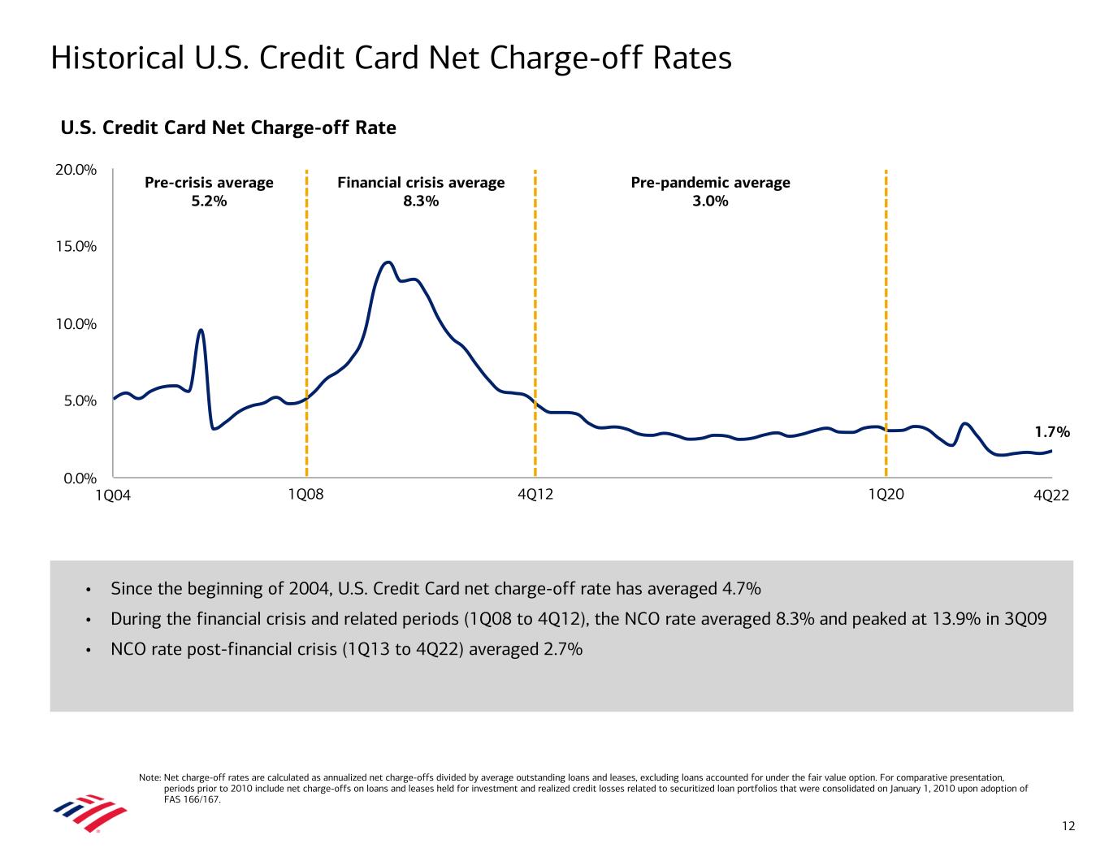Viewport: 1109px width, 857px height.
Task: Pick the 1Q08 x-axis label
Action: pyautogui.click(x=305, y=495)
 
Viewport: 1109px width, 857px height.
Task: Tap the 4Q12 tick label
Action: pyautogui.click(x=535, y=495)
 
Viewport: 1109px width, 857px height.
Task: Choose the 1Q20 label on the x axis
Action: pyautogui.click(x=886, y=495)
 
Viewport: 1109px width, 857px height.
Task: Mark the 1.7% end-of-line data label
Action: pyautogui.click(x=1052, y=433)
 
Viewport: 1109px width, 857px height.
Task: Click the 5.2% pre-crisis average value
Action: pyautogui.click(x=209, y=201)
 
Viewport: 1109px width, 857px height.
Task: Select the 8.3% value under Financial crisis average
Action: pyautogui.click(x=421, y=201)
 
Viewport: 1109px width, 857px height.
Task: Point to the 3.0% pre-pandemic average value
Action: pyautogui.click(x=710, y=201)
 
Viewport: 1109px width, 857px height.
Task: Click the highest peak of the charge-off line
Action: pyautogui.click(x=388, y=262)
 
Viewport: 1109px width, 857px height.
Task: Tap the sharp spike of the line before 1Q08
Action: pyautogui.click(x=201, y=330)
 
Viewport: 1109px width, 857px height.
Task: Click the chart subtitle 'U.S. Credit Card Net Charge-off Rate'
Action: pyautogui.click(x=228, y=128)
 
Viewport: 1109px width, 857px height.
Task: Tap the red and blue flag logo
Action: pyautogui.click(x=89, y=813)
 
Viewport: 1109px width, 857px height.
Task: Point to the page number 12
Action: pyautogui.click(x=1068, y=826)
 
